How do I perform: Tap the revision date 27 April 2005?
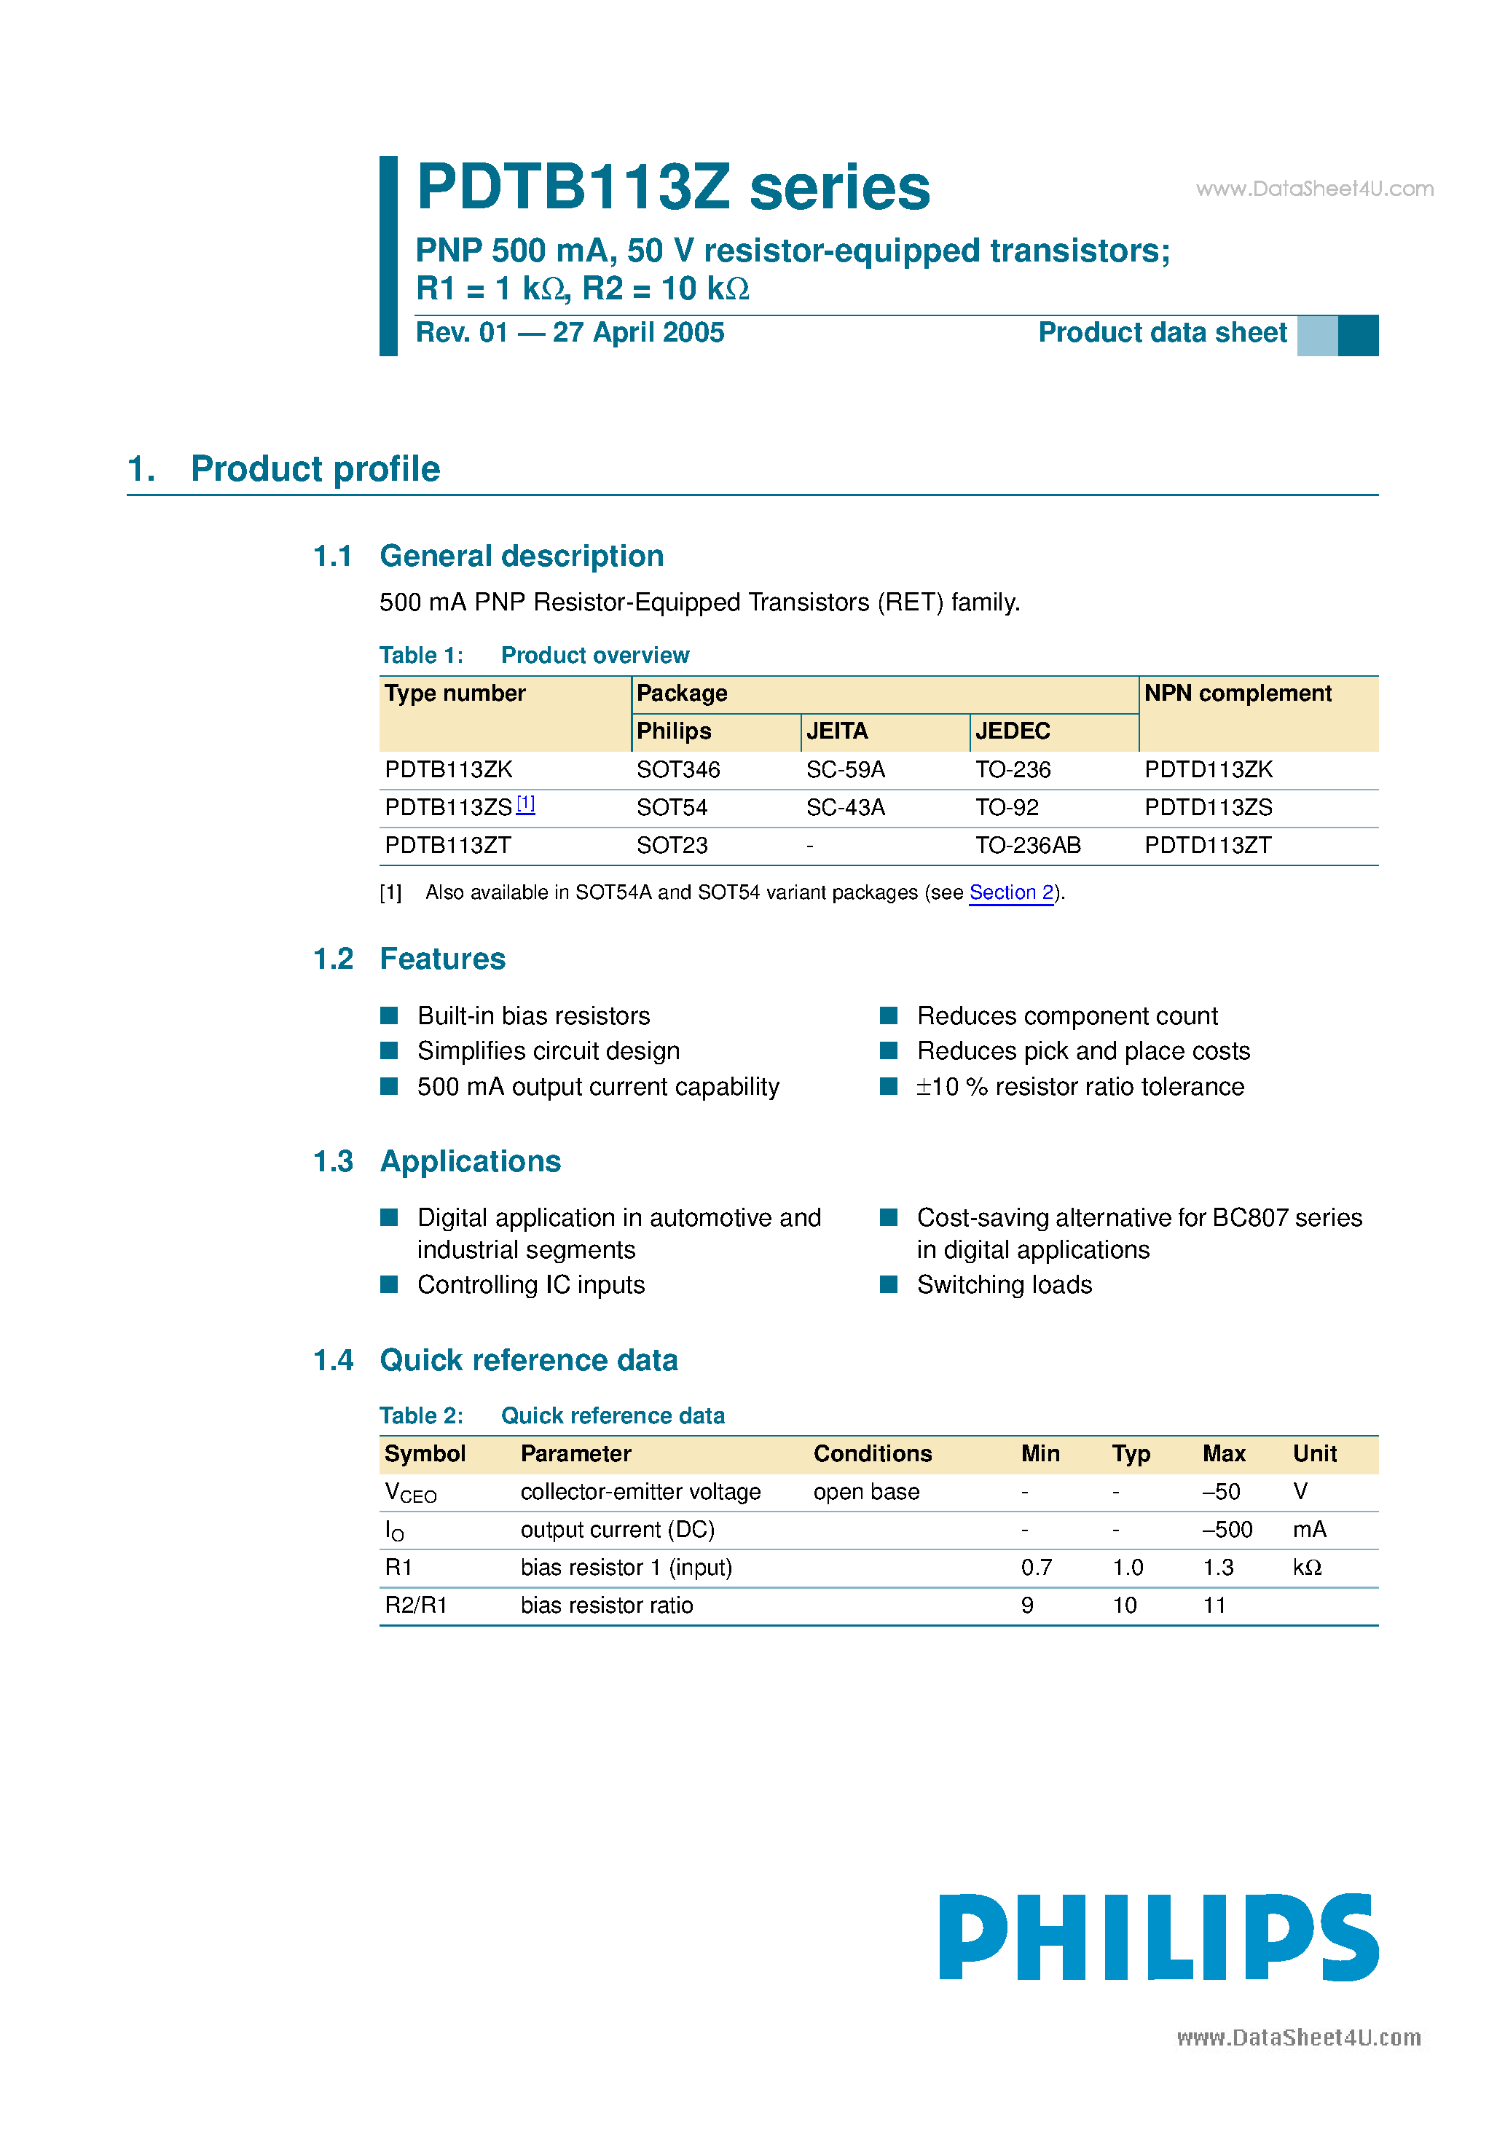coord(637,332)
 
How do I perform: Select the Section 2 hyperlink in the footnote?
coord(1010,892)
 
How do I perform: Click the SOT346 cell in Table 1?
coord(677,770)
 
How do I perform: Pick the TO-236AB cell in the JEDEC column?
coord(1027,845)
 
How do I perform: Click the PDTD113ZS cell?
coord(1207,807)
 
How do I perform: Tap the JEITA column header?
coord(836,731)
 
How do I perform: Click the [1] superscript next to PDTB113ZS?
coord(525,803)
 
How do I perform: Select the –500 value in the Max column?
coord(1227,1530)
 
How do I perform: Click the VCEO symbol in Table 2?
coord(410,1493)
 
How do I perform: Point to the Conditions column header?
coord(872,1454)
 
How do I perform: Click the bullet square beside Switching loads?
coord(888,1284)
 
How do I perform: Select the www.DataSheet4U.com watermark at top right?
coord(1314,189)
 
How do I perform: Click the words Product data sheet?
coord(1162,332)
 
